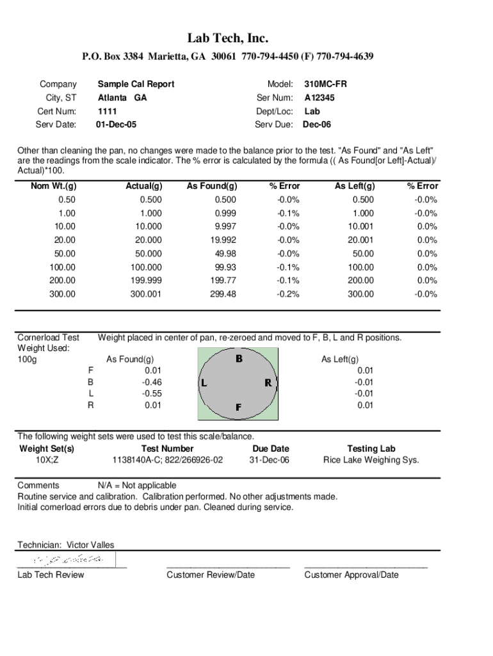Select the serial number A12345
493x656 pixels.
coord(319,98)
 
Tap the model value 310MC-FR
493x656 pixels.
coord(325,84)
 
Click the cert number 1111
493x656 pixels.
coord(107,111)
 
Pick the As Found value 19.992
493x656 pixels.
coord(222,240)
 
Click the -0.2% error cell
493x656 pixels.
coord(288,294)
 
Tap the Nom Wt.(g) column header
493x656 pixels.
coord(54,186)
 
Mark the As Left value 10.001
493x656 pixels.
coord(360,227)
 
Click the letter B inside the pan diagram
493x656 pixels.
coord(239,359)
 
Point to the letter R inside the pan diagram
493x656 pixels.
coord(268,383)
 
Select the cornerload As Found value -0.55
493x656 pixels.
coord(152,393)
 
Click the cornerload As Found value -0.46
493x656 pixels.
coord(152,382)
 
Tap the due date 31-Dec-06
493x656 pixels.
coord(270,460)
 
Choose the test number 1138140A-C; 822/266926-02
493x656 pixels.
coord(168,460)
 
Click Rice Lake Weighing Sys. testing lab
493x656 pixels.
coord(371,460)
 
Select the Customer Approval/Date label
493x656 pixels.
coord(351,575)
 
